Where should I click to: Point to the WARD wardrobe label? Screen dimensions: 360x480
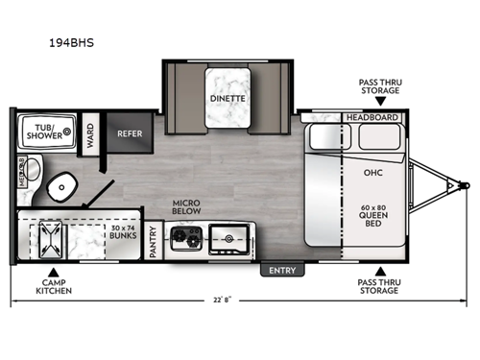coord(89,131)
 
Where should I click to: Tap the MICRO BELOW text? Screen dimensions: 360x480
coord(185,208)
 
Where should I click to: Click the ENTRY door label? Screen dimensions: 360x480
coord(283,271)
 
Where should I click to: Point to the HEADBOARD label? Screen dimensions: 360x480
coord(373,117)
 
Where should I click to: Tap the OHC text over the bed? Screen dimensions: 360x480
coord(373,174)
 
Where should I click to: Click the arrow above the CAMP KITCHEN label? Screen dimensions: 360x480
coord(54,272)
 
